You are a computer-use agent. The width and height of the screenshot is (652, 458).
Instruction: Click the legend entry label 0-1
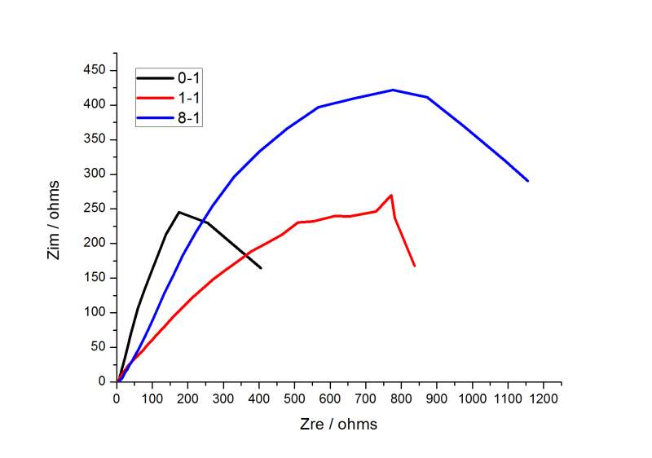[x=189, y=78]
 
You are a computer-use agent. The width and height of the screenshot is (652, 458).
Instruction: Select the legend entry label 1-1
[x=189, y=99]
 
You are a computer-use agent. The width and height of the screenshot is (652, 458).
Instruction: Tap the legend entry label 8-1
[x=189, y=119]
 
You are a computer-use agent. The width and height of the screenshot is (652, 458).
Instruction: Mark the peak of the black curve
[x=178, y=212]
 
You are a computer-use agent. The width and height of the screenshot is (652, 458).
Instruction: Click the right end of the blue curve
[x=528, y=181]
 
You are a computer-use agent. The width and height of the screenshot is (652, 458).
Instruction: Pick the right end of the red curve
[x=415, y=266]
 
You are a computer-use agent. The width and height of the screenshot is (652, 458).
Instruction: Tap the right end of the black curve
[x=262, y=268]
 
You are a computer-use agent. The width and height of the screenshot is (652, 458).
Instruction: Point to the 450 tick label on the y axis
[x=94, y=70]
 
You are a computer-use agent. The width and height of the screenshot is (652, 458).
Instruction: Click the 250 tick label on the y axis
[x=94, y=209]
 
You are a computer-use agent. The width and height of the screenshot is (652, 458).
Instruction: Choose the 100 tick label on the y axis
[x=94, y=312]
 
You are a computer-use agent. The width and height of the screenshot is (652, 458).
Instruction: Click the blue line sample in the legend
[x=154, y=119]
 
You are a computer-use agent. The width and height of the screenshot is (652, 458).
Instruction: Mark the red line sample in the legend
[x=154, y=99]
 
